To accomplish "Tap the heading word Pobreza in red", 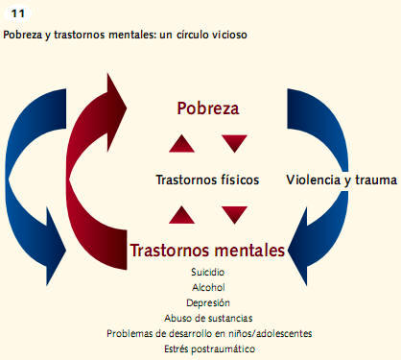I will point(208,108).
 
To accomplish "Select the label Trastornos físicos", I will point(206,180).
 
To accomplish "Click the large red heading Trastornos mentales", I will point(207,251).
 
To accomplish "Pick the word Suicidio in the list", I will point(208,272).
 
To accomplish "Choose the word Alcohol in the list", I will point(208,287).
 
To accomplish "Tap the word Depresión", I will point(208,301).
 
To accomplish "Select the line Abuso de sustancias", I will point(208,317).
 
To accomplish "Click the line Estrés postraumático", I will point(208,348).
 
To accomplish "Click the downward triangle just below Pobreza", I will point(234,144).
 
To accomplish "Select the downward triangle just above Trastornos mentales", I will point(234,214).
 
